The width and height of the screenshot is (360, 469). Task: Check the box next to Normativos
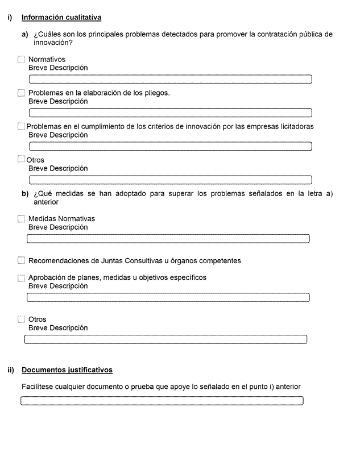(22, 60)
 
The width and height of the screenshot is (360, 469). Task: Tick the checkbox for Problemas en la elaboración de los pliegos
(22, 93)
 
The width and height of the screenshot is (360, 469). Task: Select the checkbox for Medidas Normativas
(22, 219)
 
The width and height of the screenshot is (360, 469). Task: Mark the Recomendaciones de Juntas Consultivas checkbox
(22, 261)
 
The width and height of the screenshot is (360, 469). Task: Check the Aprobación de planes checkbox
(22, 278)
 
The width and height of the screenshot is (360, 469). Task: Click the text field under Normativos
(171, 79)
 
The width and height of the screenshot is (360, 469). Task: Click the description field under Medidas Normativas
(168, 239)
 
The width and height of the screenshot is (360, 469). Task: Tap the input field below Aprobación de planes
(168, 297)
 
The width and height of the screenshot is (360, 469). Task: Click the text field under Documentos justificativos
(162, 401)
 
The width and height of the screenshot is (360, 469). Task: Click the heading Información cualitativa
(61, 18)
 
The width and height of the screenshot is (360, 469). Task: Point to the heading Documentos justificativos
(67, 370)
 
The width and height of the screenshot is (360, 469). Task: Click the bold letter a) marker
(25, 35)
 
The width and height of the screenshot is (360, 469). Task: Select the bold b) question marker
(25, 194)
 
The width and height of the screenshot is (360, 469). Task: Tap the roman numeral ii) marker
(11, 370)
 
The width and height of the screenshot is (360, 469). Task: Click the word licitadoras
(295, 127)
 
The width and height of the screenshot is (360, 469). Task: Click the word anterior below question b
(46, 202)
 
